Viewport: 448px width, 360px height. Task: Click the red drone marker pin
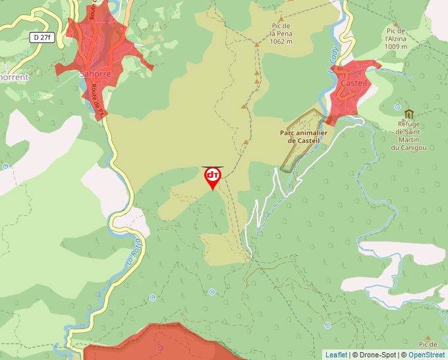(x=213, y=176)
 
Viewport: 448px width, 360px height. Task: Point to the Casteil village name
(x=354, y=84)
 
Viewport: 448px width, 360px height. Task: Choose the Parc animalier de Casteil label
(x=304, y=136)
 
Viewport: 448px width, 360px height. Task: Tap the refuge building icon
(x=409, y=114)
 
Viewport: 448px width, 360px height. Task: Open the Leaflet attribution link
(x=336, y=355)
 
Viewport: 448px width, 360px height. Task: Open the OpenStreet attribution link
(x=426, y=355)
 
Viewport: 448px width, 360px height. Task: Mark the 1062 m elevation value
(x=281, y=41)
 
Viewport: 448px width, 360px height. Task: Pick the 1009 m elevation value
(x=396, y=46)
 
